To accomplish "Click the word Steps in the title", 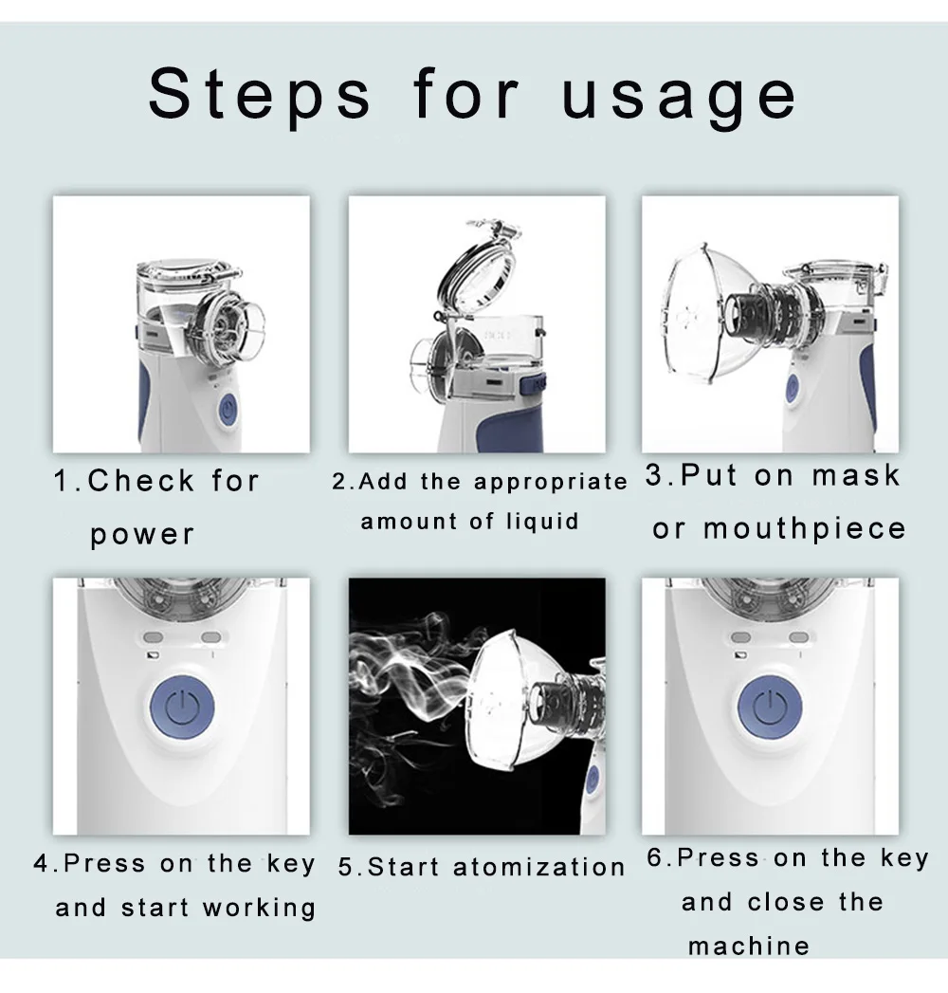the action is [x=260, y=95].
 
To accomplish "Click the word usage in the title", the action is [x=679, y=99].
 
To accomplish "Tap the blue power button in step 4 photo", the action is [x=182, y=708].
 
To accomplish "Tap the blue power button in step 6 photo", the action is [x=770, y=708].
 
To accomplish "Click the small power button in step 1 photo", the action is [x=228, y=409].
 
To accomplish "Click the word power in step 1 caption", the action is [x=142, y=536].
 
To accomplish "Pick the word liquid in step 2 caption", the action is [x=542, y=522].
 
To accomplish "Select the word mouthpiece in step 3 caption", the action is [x=805, y=529].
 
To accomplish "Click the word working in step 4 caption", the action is [x=259, y=909].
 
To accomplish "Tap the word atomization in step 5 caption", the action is [x=539, y=867].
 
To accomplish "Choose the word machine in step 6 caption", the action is [x=749, y=947].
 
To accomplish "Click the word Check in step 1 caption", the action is [x=140, y=481].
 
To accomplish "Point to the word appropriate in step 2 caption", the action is [x=551, y=483].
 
